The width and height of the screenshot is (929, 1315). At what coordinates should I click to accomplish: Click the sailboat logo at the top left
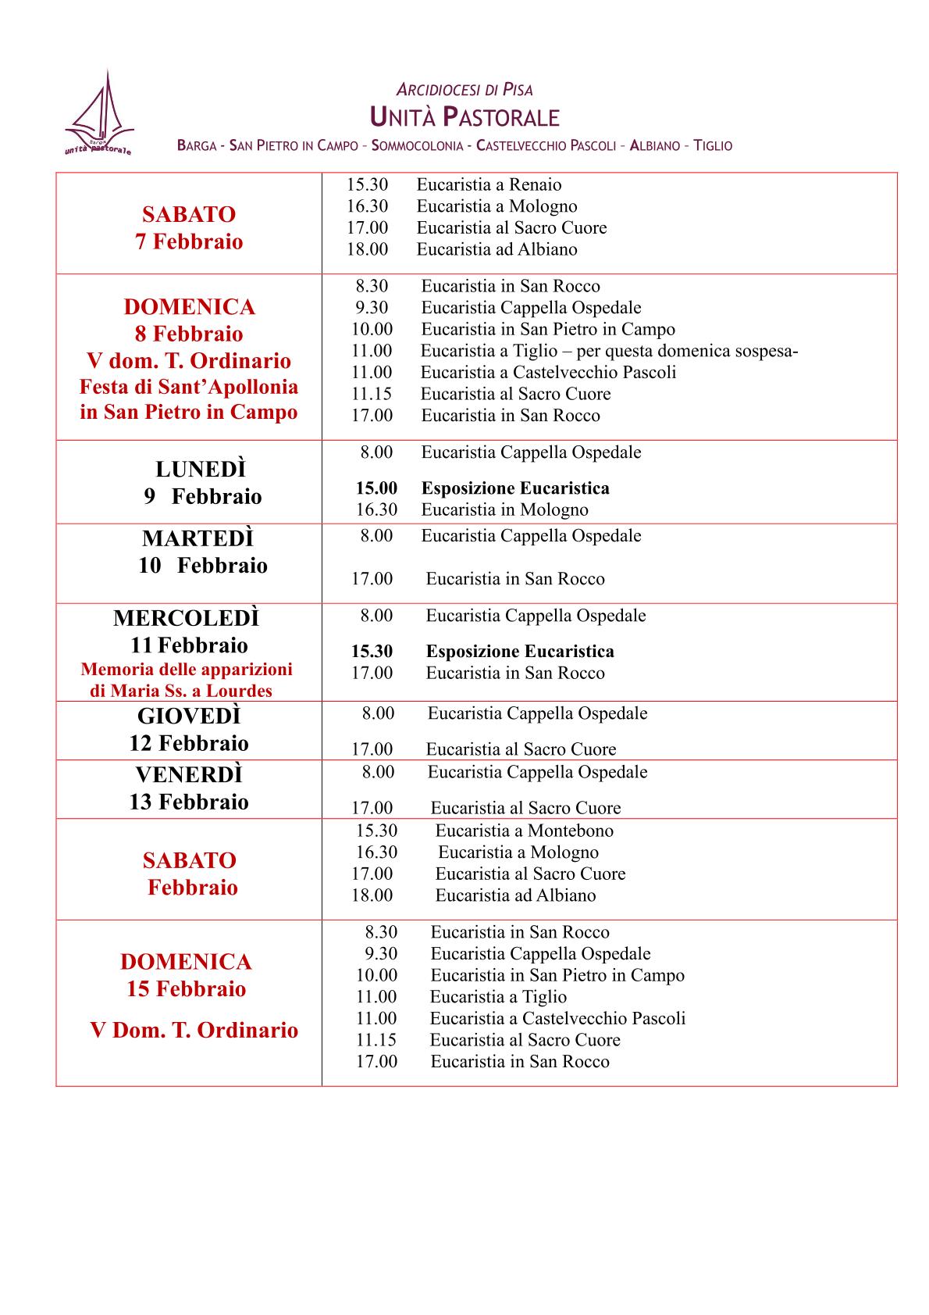pyautogui.click(x=99, y=114)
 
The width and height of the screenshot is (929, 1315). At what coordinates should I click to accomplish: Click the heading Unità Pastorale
pyautogui.click(x=464, y=118)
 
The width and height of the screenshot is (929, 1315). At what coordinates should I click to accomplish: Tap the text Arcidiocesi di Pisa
pyautogui.click(x=464, y=90)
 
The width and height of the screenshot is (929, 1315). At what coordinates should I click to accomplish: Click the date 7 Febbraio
pyautogui.click(x=189, y=241)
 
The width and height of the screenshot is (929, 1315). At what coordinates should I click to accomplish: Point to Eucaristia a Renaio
pyautogui.click(x=489, y=185)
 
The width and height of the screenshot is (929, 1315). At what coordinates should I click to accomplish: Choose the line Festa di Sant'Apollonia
pyautogui.click(x=189, y=387)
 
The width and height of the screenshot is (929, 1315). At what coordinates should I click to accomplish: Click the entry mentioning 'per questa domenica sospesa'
pyautogui.click(x=609, y=351)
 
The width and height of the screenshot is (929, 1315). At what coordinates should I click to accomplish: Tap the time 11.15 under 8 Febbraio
pyautogui.click(x=372, y=394)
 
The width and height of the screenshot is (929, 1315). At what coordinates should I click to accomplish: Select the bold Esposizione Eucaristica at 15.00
pyautogui.click(x=515, y=488)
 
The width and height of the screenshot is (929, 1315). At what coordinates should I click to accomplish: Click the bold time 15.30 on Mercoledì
pyautogui.click(x=372, y=652)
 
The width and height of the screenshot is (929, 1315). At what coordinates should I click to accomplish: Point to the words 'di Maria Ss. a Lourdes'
pyautogui.click(x=181, y=691)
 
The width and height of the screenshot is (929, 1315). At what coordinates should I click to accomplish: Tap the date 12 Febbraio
pyautogui.click(x=189, y=743)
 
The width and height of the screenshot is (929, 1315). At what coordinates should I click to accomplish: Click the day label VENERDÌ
pyautogui.click(x=189, y=774)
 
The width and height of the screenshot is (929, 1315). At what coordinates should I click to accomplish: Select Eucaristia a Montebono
pyautogui.click(x=524, y=831)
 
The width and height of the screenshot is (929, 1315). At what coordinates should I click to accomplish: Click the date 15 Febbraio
pyautogui.click(x=186, y=989)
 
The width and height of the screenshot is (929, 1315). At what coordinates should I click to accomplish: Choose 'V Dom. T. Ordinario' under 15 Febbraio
pyautogui.click(x=194, y=1030)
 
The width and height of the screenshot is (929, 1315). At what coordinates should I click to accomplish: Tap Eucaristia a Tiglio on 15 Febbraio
pyautogui.click(x=498, y=997)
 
